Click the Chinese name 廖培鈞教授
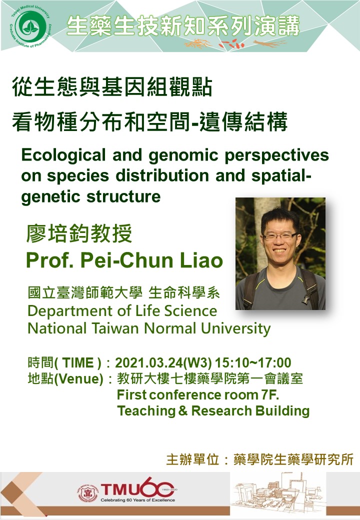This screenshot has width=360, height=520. pos(79,233)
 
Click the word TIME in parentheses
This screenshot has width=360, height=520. pos(78,362)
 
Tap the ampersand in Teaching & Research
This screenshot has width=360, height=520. pos(183,411)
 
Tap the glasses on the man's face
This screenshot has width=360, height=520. pos(279,236)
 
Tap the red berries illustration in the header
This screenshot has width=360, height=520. pos(232,43)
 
